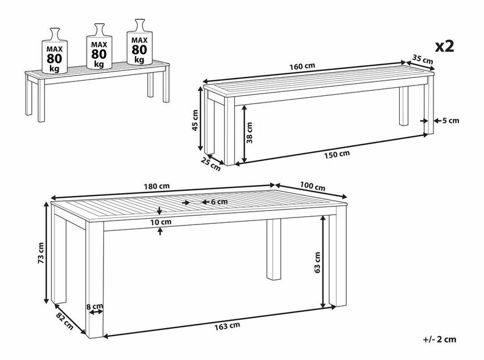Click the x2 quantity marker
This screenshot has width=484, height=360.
pyautogui.click(x=444, y=47)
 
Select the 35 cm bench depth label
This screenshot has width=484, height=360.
pyautogui.click(x=422, y=59)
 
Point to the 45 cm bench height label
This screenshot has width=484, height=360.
pyautogui.click(x=195, y=120)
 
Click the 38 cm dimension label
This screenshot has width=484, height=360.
pyautogui.click(x=249, y=133)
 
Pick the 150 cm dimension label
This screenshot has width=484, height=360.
pyautogui.click(x=337, y=154)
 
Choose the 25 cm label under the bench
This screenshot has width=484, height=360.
pyautogui.click(x=210, y=164)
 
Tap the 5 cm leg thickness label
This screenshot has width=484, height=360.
pyautogui.click(x=450, y=120)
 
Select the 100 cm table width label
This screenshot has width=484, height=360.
pyautogui.click(x=313, y=186)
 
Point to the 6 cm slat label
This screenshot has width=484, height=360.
pyautogui.click(x=219, y=202)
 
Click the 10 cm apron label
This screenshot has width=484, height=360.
pyautogui.click(x=161, y=222)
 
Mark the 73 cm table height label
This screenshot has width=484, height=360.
pyautogui.click(x=41, y=253)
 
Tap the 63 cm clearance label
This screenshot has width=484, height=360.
pyautogui.click(x=317, y=263)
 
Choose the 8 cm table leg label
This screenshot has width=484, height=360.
pyautogui.click(x=95, y=307)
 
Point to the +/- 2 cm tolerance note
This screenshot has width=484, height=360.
pyautogui.click(x=439, y=339)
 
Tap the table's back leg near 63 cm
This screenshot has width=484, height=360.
pyautogui.click(x=274, y=249)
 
